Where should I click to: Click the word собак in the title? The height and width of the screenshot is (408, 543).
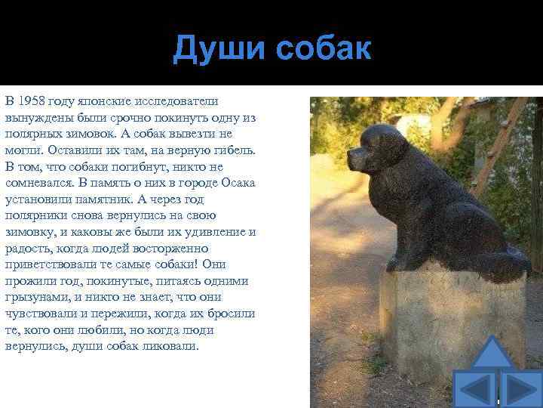(324, 48)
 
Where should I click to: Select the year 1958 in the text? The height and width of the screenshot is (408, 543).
(32, 101)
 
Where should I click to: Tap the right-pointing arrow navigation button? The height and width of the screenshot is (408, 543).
(523, 390)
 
